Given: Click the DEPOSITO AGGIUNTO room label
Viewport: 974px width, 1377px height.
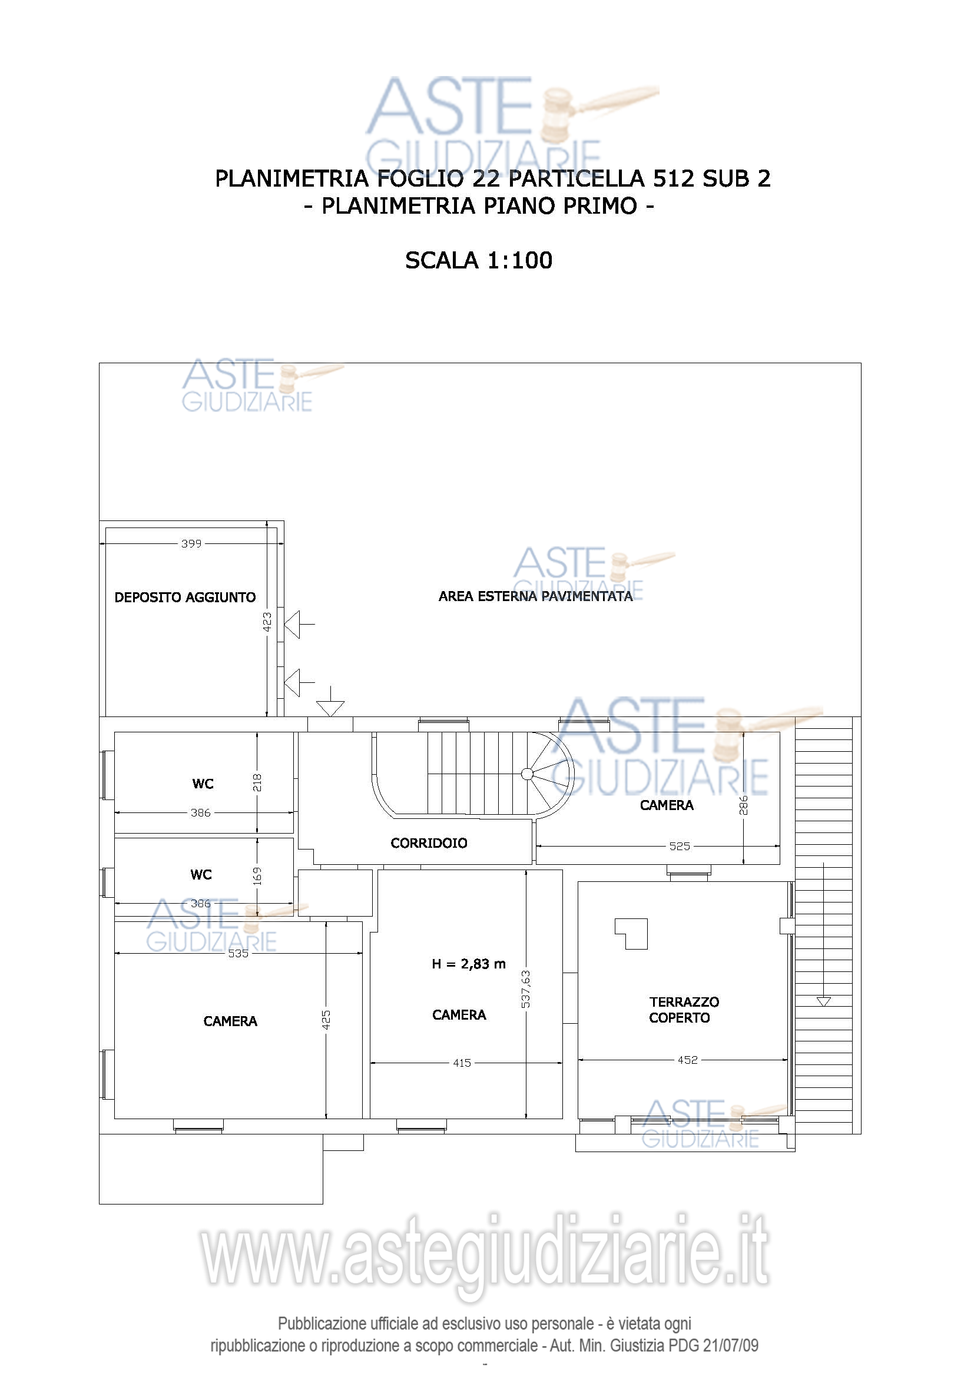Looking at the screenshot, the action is tap(185, 598).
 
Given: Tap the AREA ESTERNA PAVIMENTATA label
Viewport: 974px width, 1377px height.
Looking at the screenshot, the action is tap(535, 596).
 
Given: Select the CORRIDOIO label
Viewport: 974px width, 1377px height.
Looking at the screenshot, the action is tap(429, 843).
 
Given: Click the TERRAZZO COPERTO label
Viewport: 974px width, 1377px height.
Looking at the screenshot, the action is tap(684, 1010).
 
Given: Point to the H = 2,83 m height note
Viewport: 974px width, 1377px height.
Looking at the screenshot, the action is tap(468, 964).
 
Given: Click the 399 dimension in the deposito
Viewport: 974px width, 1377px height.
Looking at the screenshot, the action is tap(191, 543).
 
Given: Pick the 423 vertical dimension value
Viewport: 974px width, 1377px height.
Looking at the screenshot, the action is tap(267, 621).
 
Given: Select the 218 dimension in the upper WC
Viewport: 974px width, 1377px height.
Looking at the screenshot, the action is tap(257, 782).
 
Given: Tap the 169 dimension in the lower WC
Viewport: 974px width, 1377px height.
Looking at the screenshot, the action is tap(257, 876).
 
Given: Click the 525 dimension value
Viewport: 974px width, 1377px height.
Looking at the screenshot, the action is tap(680, 846).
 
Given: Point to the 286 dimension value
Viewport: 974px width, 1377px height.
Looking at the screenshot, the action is tap(743, 805).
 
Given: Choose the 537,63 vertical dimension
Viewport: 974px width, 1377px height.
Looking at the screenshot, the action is tap(525, 990).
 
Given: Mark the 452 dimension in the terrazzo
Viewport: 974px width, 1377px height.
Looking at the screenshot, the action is tap(687, 1060).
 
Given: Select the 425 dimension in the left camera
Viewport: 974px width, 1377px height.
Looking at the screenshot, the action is tap(326, 1020).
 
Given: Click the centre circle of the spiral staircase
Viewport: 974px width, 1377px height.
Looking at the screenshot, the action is tap(527, 774).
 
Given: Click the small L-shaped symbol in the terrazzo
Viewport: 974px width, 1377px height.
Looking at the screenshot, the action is tap(631, 934).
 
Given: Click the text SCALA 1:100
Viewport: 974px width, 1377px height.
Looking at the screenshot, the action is tap(479, 260).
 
